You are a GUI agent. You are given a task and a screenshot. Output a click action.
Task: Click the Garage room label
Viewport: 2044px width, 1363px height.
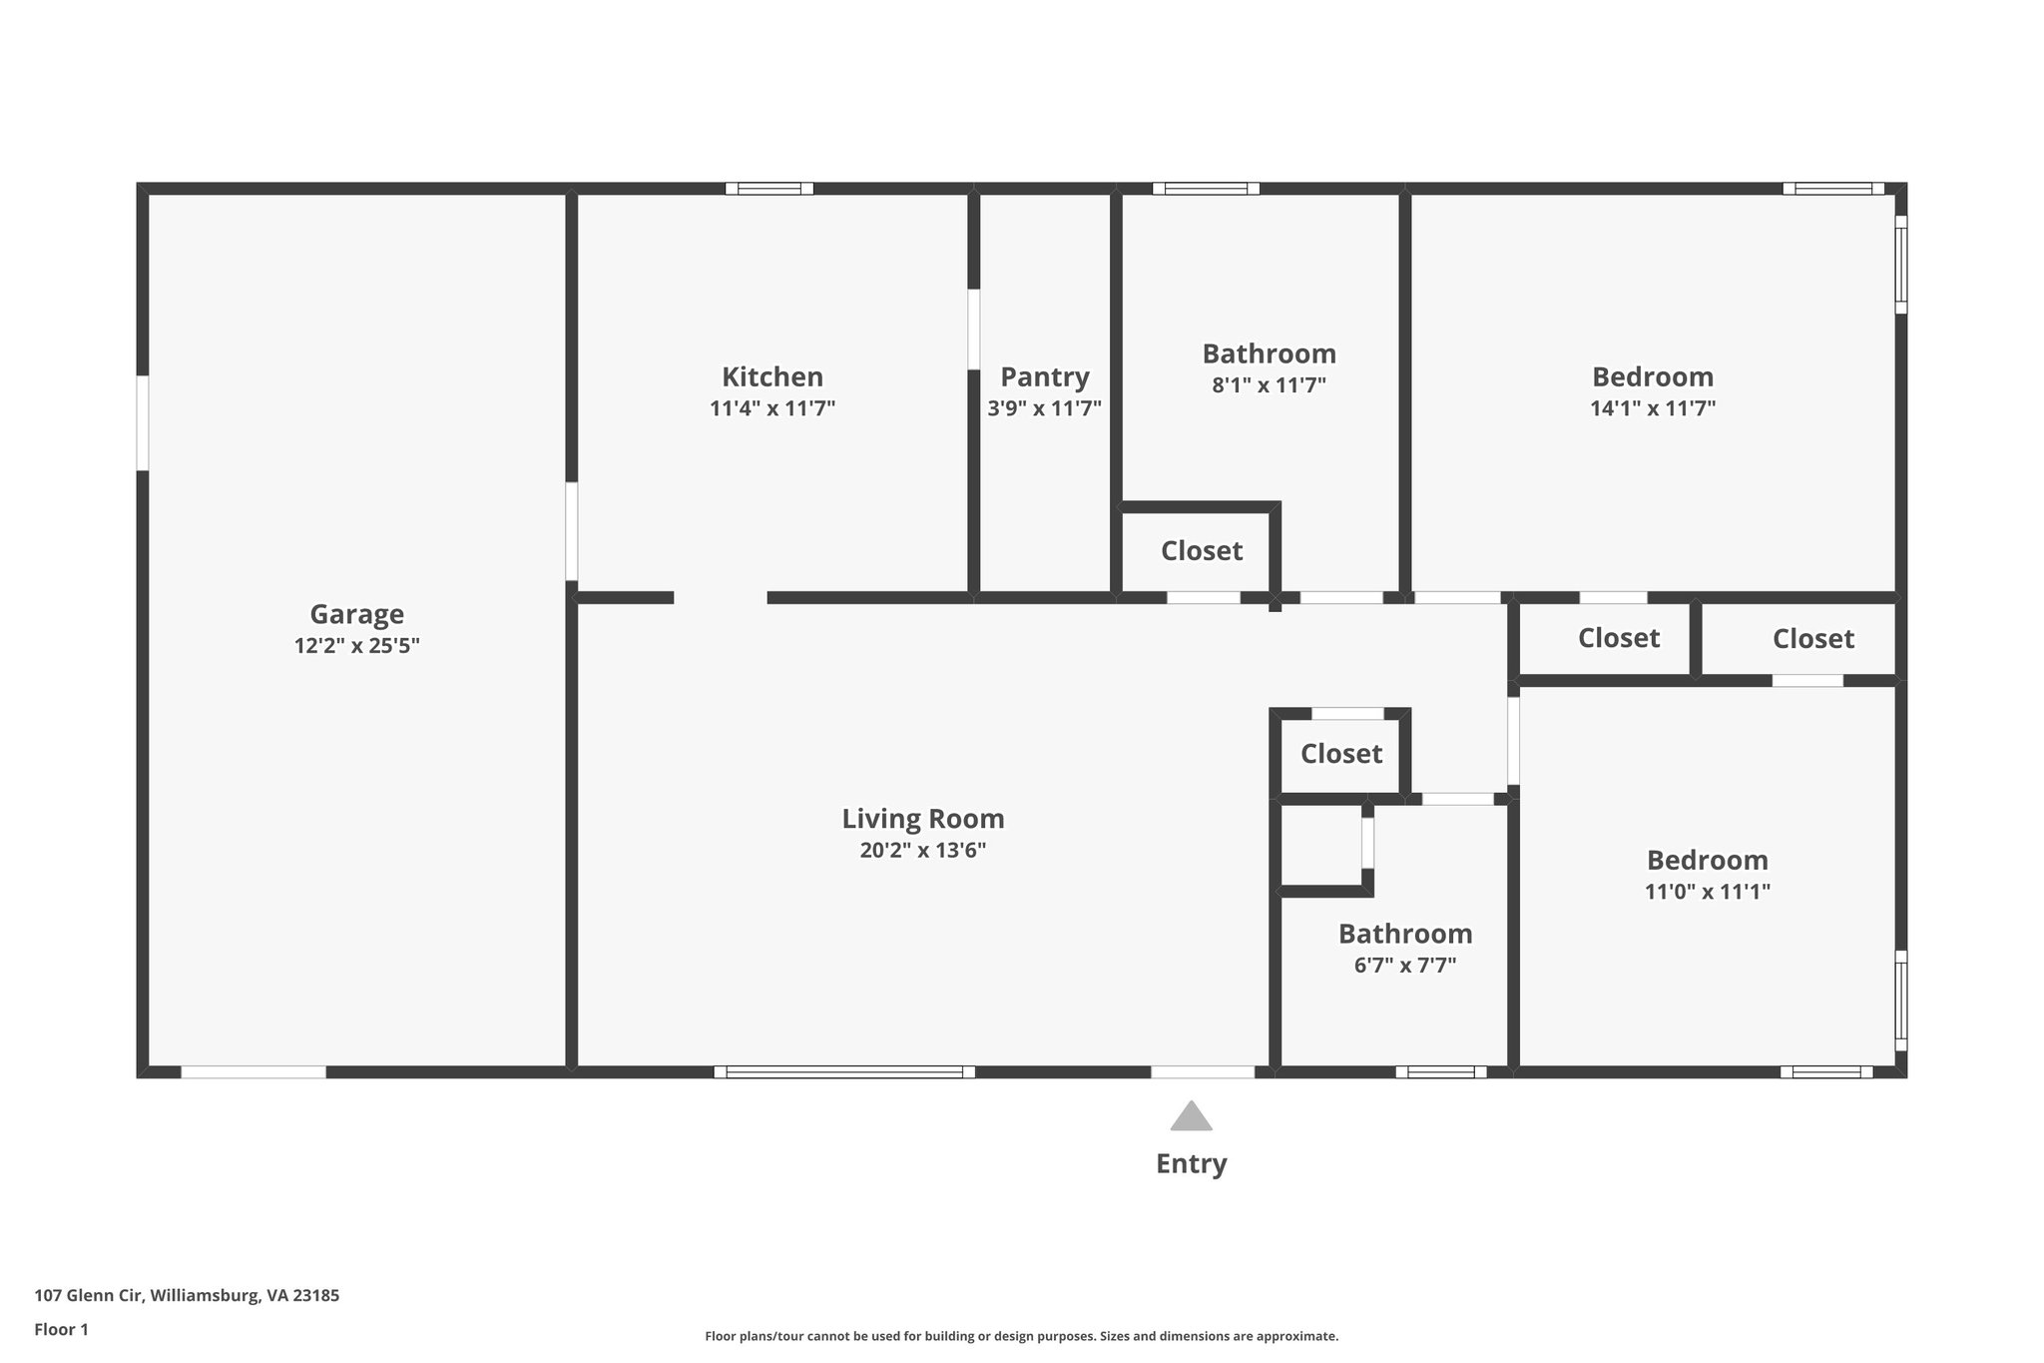[356, 614]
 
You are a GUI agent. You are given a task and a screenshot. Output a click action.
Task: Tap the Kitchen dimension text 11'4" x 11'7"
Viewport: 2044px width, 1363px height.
[771, 408]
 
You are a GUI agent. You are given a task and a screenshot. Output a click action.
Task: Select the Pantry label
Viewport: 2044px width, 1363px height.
[1044, 377]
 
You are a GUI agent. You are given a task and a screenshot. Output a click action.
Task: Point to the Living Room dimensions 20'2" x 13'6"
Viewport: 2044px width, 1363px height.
[922, 851]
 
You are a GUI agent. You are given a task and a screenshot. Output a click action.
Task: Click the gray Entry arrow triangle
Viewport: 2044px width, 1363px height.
[1191, 1117]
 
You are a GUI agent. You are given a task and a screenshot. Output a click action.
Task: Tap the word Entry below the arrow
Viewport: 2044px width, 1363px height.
[1191, 1164]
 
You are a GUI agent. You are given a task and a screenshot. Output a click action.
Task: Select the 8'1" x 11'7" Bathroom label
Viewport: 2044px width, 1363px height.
[1269, 354]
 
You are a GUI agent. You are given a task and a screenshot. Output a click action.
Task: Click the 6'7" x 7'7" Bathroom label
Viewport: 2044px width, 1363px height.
[1404, 935]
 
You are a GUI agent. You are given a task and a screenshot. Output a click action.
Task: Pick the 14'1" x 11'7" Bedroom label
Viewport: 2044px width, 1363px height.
[1652, 377]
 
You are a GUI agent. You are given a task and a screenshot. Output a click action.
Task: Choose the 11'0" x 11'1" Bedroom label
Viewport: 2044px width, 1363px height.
[1707, 861]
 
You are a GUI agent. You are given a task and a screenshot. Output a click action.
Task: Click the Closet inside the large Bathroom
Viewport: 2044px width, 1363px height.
[1201, 551]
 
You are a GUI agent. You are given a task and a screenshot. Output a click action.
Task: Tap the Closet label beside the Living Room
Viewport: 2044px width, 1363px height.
[1340, 754]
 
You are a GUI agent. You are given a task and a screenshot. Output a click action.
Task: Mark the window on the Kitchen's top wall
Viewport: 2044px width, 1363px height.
[768, 189]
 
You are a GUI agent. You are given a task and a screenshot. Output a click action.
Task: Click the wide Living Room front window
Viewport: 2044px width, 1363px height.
[844, 1072]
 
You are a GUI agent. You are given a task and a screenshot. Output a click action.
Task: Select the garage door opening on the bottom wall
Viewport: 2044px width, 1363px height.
[254, 1072]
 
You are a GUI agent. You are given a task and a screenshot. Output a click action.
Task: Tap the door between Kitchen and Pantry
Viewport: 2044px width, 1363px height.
[973, 330]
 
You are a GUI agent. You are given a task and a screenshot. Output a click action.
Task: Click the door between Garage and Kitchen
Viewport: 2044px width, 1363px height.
[571, 531]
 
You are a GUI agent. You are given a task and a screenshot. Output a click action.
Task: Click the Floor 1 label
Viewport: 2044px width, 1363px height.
[61, 1330]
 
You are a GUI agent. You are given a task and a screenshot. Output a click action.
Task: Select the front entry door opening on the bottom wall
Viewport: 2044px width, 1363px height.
[1202, 1072]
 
